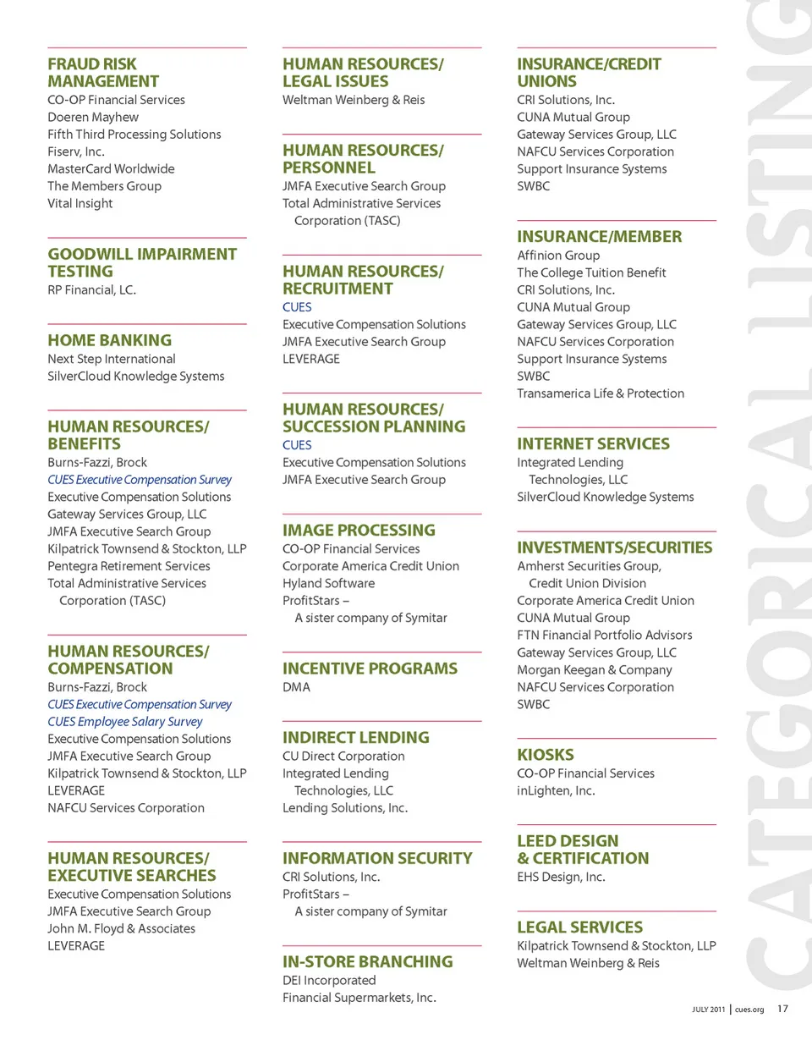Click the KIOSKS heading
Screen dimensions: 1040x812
coord(546,754)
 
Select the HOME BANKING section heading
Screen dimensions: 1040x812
coord(109,340)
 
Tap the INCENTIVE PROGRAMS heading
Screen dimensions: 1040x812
coord(370,669)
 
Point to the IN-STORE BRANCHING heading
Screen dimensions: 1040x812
coord(367,961)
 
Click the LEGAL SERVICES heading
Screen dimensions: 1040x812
coord(579,927)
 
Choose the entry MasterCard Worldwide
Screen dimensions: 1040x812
coord(111,168)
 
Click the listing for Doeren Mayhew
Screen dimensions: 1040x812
coord(93,117)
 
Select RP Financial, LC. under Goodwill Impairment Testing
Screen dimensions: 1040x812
coord(91,289)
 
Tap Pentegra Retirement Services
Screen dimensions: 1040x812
coord(129,565)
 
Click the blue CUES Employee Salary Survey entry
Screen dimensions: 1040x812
coord(125,722)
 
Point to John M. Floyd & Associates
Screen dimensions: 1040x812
coord(121,928)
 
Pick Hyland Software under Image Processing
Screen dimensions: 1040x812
coord(328,583)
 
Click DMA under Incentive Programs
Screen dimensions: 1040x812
coord(296,687)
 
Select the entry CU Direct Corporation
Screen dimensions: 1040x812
coord(343,756)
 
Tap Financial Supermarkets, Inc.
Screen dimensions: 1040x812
coord(359,998)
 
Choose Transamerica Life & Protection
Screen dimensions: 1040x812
coord(601,393)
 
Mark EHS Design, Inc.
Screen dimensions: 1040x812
coord(561,877)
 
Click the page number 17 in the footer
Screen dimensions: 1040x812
coord(782,1009)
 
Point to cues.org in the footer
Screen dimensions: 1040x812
coord(749,1010)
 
